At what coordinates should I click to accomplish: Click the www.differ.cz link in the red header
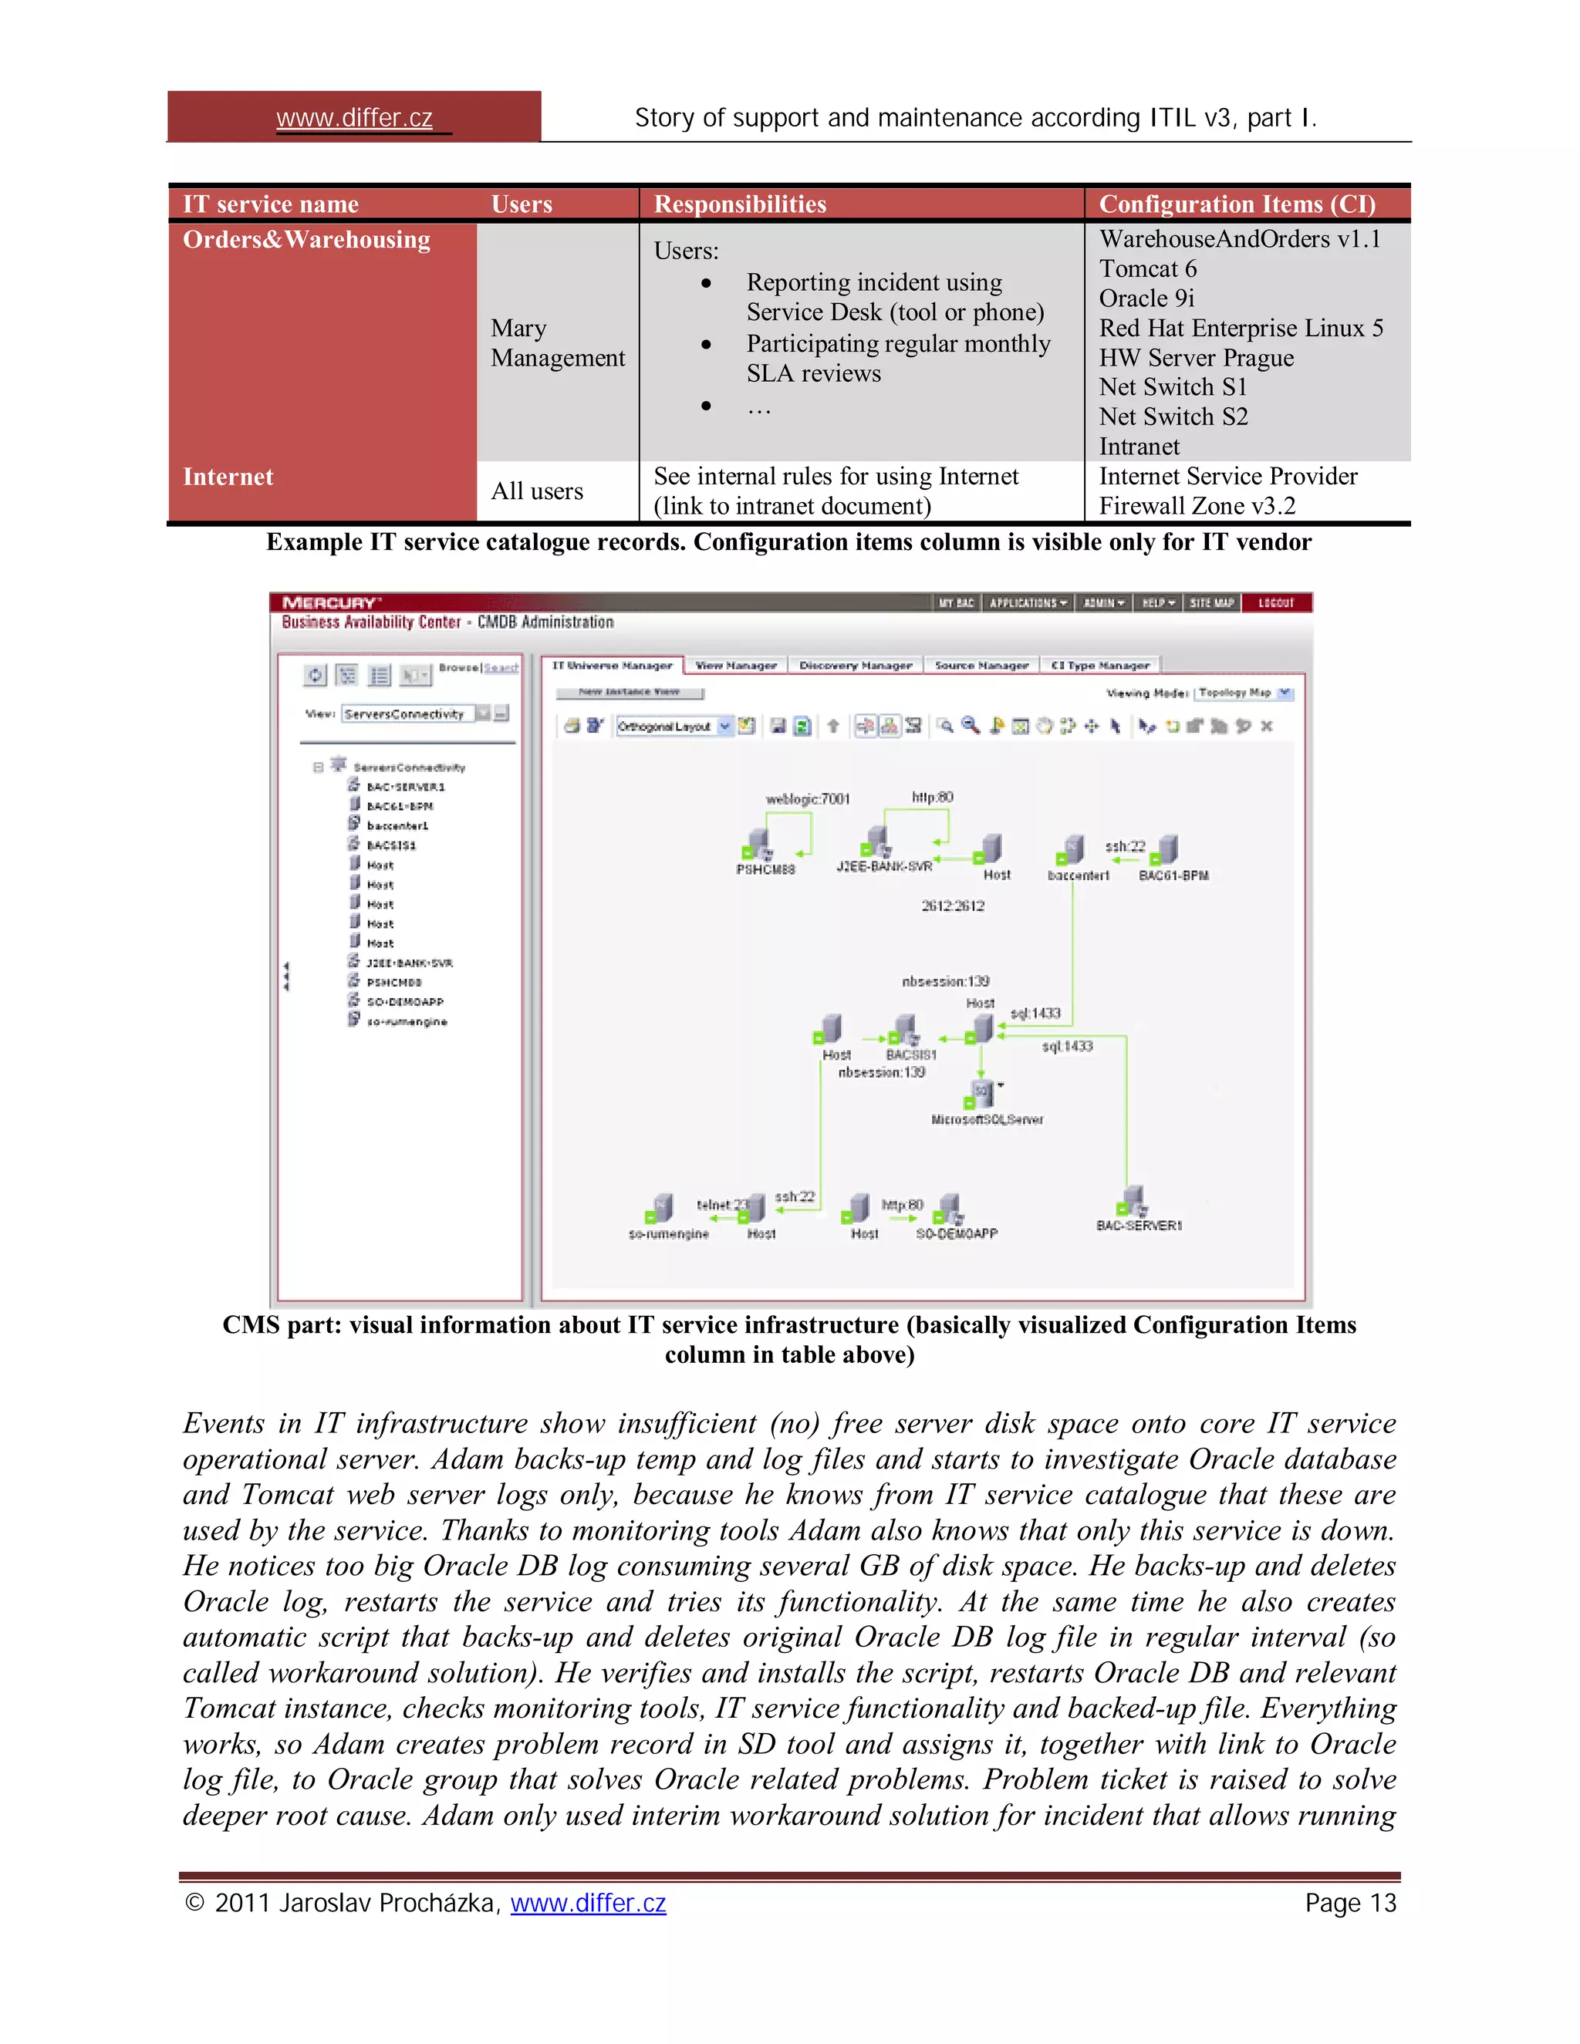pos(354,118)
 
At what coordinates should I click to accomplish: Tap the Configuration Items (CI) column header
pos(1237,204)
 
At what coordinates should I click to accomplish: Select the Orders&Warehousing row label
pos(306,240)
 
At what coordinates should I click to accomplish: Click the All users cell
pos(536,491)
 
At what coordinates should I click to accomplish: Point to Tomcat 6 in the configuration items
pos(1146,269)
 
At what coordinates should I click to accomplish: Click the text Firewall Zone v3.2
pos(1197,506)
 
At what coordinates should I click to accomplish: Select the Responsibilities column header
pos(739,204)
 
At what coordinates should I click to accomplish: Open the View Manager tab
pos(736,666)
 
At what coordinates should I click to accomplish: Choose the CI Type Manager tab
pos(1100,666)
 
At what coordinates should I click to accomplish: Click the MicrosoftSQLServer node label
pos(987,1119)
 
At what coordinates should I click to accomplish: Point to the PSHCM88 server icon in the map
pos(758,843)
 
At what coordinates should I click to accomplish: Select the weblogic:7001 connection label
pos(808,799)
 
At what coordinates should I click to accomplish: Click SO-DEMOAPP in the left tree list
pos(404,1001)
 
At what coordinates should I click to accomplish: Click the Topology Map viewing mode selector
pos(1243,693)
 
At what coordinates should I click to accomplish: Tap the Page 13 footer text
pos(1350,1903)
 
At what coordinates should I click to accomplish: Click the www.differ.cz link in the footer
pos(588,1903)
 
